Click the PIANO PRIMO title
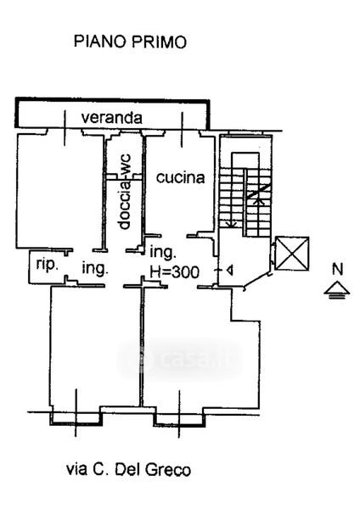[x=130, y=42]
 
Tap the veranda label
[x=112, y=118]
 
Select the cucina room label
[x=181, y=177]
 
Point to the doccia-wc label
[x=124, y=192]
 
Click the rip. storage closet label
[x=47, y=265]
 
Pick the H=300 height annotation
[x=174, y=271]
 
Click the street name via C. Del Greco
[x=129, y=470]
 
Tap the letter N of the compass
[x=338, y=269]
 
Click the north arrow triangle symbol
[x=337, y=289]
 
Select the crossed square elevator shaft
[x=292, y=253]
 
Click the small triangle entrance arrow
[x=230, y=270]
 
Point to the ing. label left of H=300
[x=163, y=253]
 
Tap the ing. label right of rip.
[x=95, y=268]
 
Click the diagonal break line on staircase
[x=259, y=192]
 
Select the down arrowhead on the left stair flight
[x=232, y=223]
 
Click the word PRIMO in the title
[x=160, y=42]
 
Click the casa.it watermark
[x=180, y=360]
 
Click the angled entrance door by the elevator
[x=256, y=281]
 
